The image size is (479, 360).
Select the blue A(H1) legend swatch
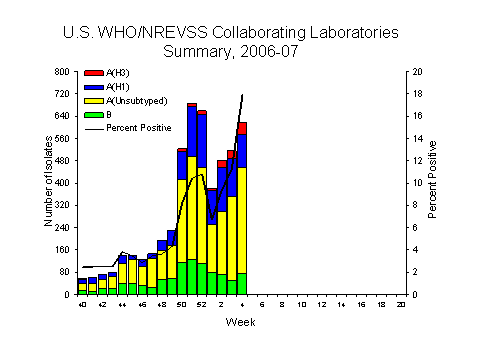pos(93,88)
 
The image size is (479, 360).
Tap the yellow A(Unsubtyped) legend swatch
pos(93,102)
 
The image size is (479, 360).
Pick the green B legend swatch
pos(93,115)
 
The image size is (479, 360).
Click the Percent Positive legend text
pos(133,128)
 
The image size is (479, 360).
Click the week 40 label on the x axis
pos(82,303)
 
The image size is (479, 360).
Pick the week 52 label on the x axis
pos(201,303)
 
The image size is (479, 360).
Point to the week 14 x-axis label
pos(340,303)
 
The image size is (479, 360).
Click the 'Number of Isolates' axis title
pos(47,184)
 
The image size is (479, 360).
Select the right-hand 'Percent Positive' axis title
pos(433,184)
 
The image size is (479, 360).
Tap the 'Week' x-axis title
pos(241,322)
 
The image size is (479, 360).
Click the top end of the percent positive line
pos(242,95)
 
